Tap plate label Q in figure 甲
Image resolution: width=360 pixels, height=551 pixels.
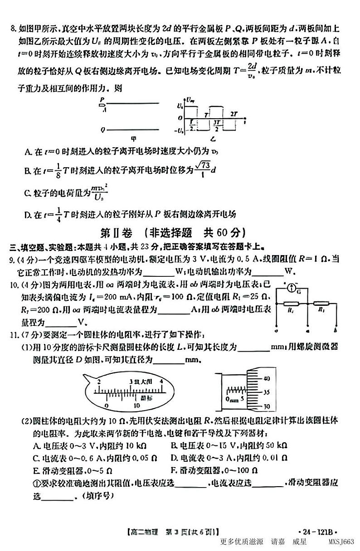[103, 130]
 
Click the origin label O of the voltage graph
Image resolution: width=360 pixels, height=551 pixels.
[180, 118]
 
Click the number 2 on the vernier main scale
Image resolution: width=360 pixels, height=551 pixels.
[98, 382]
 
